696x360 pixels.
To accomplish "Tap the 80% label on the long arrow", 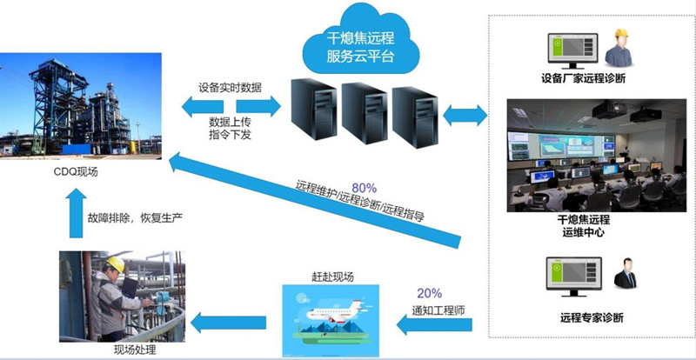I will click(x=365, y=186).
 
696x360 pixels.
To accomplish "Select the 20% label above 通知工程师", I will click(x=429, y=292).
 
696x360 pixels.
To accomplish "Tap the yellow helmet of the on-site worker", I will click(x=115, y=263).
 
